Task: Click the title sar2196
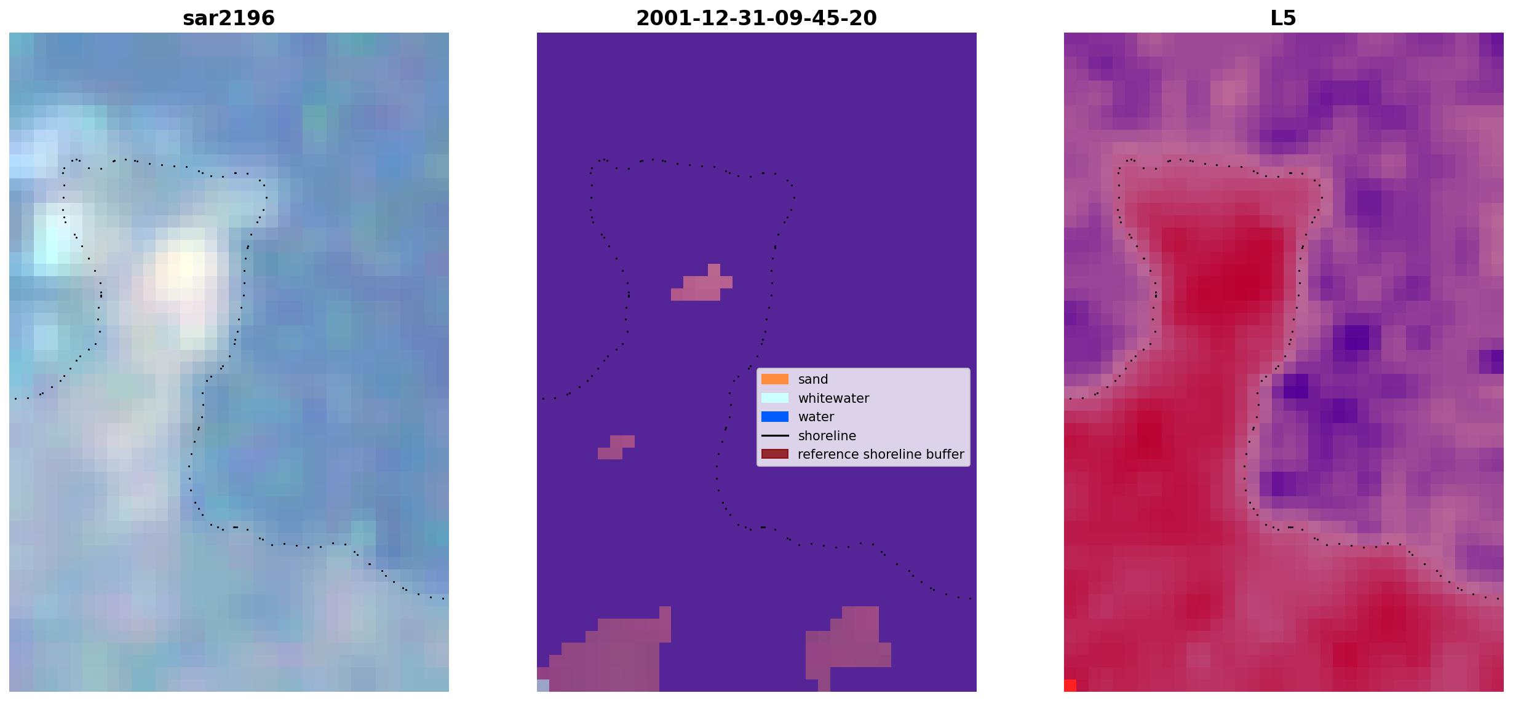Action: click(229, 18)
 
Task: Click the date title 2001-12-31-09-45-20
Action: click(756, 18)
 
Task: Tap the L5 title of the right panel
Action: click(1284, 18)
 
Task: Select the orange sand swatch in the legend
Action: click(775, 379)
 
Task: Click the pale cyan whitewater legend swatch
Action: click(775, 398)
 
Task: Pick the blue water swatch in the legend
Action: click(775, 417)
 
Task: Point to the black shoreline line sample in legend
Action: click(775, 436)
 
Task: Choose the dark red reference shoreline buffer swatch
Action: click(775, 454)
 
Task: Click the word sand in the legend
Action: click(813, 379)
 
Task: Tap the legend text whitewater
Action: click(833, 398)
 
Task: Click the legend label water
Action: click(816, 417)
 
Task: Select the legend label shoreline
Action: click(827, 436)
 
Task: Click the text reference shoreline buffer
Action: click(881, 454)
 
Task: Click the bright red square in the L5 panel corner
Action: click(1070, 686)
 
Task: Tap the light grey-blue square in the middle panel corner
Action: click(543, 686)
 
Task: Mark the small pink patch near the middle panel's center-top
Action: click(702, 283)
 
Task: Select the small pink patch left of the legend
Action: click(616, 448)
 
